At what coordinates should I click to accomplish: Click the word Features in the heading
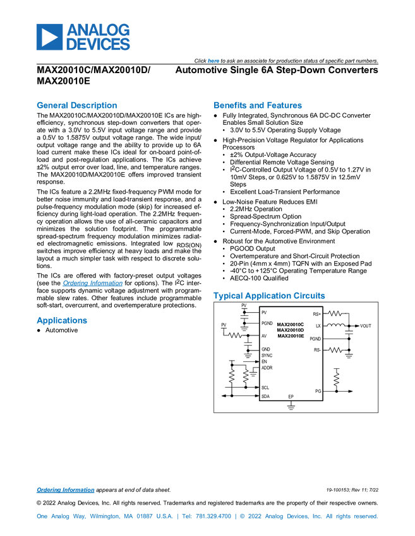[x=285, y=105]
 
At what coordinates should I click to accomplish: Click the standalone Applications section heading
[x=61, y=320]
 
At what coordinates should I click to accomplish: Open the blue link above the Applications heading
[x=92, y=284]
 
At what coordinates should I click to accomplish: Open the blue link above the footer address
[x=65, y=490]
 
